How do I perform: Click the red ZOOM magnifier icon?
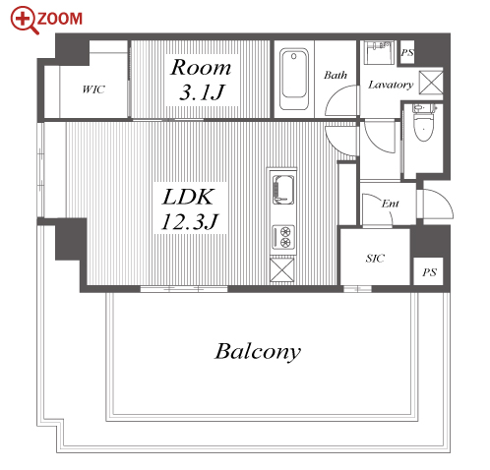[x=25, y=21]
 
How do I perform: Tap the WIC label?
[x=93, y=89]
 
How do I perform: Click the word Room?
[x=201, y=68]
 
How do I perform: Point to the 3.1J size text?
[x=202, y=92]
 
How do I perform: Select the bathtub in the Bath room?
[x=294, y=79]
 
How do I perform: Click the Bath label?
[x=336, y=75]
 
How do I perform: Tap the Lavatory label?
[x=391, y=85]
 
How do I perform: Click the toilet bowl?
[x=424, y=124]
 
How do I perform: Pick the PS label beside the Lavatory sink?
[x=407, y=52]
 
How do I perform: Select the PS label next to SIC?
[x=429, y=272]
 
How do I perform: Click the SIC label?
[x=375, y=259]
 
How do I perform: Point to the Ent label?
[x=391, y=204]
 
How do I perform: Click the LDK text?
[x=188, y=197]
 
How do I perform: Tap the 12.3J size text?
[x=190, y=221]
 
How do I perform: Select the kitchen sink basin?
[x=282, y=189]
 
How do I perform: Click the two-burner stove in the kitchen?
[x=283, y=237]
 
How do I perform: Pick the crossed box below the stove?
[x=282, y=269]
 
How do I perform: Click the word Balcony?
[x=258, y=352]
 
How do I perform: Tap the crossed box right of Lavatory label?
[x=431, y=82]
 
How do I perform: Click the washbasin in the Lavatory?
[x=379, y=52]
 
